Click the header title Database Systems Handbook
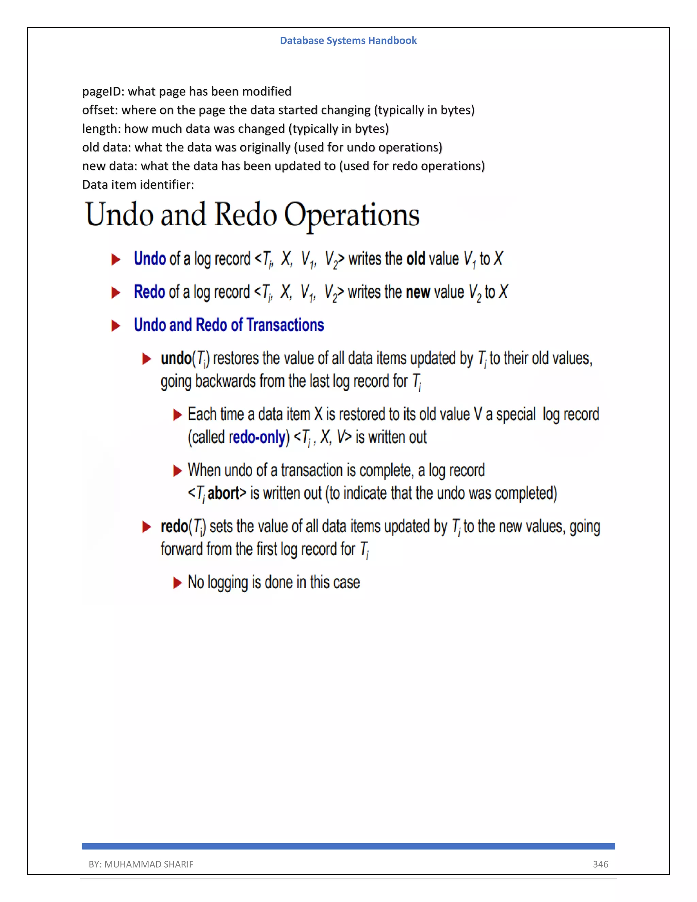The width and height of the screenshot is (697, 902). [348, 41]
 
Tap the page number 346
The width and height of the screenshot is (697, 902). [600, 864]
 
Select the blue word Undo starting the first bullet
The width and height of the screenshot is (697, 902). [149, 259]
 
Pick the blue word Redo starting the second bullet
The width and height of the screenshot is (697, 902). [149, 292]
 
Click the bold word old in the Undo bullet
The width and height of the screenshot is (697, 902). [416, 259]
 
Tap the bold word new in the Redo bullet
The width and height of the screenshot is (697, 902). [418, 292]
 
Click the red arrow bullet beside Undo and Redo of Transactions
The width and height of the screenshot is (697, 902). [116, 325]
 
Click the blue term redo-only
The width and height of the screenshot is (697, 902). [257, 437]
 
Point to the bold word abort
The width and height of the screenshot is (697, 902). [223, 493]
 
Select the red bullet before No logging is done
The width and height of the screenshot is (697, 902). [178, 583]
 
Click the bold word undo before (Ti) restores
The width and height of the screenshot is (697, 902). [176, 358]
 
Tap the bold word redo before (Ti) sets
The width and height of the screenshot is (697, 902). [174, 527]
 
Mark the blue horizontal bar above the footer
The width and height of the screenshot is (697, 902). [348, 846]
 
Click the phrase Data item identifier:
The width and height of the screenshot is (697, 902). [138, 184]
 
